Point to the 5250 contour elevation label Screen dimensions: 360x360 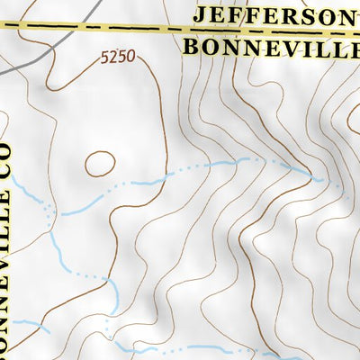click(118, 57)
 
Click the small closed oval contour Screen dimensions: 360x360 click(100, 164)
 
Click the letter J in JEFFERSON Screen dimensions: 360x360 click(200, 15)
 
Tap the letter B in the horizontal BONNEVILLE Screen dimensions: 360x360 click(191, 46)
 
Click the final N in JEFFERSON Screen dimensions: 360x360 click(342, 15)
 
